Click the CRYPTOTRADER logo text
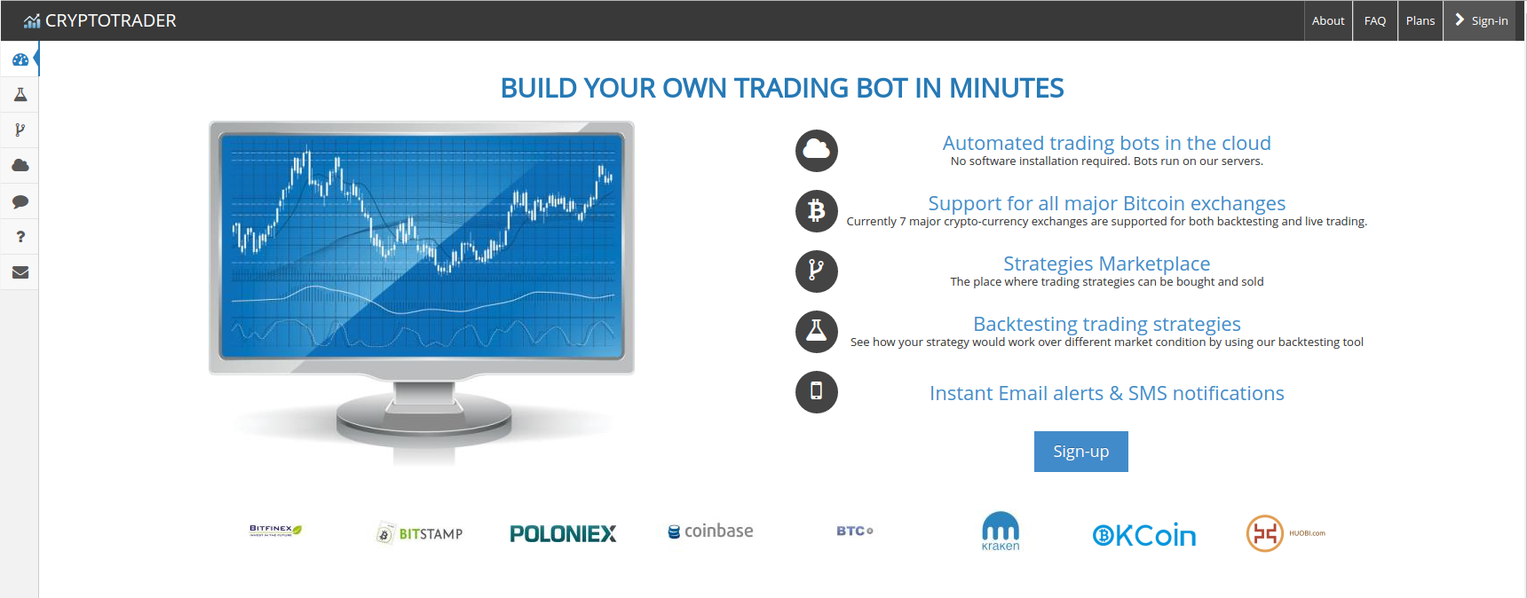(110, 20)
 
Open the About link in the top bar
(1328, 20)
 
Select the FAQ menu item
(1375, 20)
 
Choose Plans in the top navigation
(1420, 20)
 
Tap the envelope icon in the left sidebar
(20, 272)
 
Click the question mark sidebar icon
(20, 237)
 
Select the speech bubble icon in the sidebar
(20, 201)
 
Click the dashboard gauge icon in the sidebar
(20, 59)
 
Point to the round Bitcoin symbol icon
(817, 211)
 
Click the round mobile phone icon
(817, 392)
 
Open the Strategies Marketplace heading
(1106, 264)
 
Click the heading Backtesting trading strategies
(1106, 324)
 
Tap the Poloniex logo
(563, 533)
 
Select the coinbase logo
(710, 531)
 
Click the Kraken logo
(1001, 531)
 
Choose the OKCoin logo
(1144, 535)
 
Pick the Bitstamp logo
(419, 533)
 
